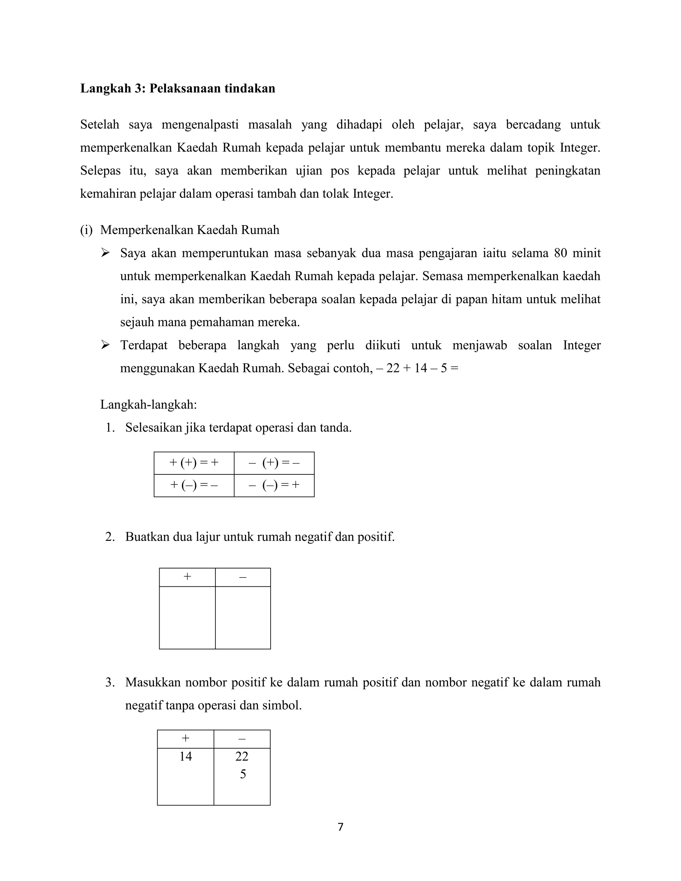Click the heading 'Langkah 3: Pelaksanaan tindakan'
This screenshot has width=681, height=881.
tap(178, 88)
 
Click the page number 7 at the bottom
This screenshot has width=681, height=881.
tap(340, 827)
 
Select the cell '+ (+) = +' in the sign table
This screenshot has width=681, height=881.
tap(194, 463)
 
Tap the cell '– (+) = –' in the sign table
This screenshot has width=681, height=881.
tap(274, 463)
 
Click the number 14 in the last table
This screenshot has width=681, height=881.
tap(186, 756)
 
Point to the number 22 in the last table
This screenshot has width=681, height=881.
tap(242, 756)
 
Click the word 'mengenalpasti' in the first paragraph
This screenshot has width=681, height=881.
tap(200, 125)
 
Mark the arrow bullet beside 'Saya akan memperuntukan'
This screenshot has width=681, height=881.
tap(105, 253)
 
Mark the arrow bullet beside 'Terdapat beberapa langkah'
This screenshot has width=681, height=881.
tap(105, 345)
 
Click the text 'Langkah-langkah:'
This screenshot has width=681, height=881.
tap(148, 405)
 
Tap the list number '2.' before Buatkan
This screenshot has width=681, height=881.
tap(110, 537)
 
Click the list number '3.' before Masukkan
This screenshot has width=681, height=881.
tap(110, 683)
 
